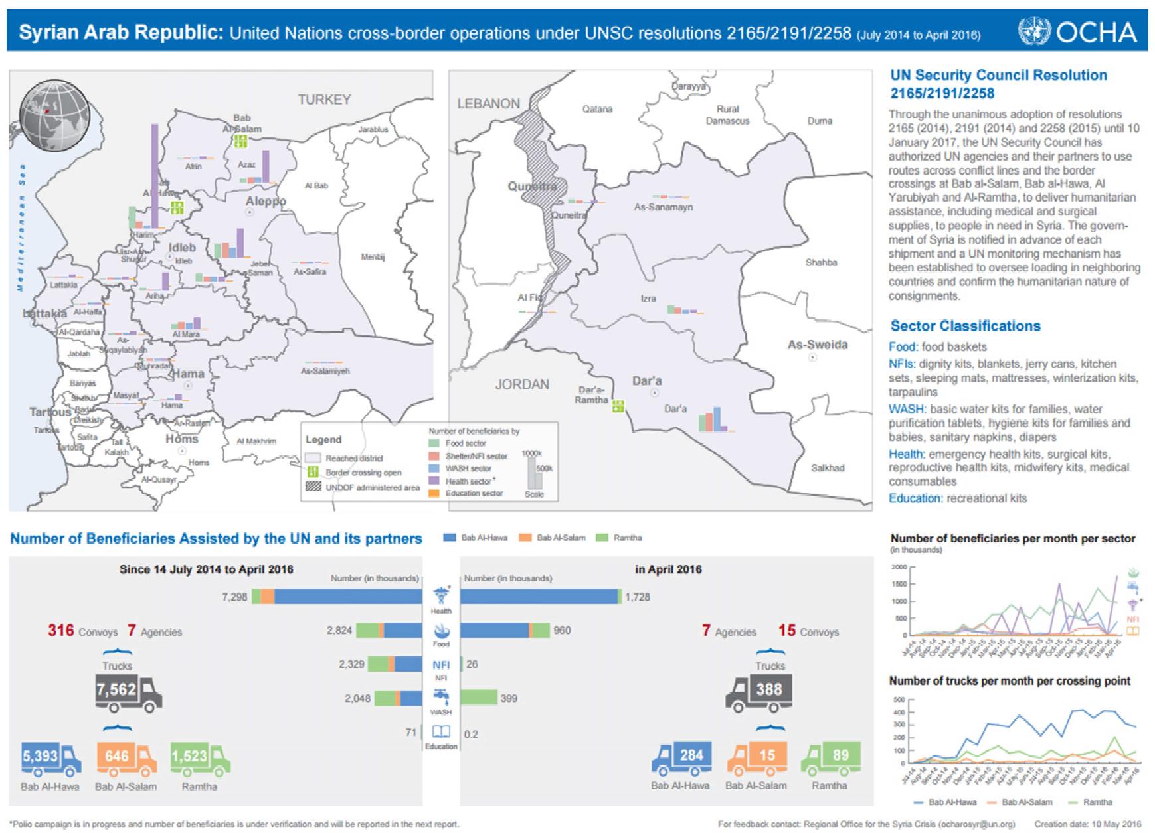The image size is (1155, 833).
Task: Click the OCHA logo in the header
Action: tap(1077, 31)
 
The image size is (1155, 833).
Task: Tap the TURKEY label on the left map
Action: tap(323, 100)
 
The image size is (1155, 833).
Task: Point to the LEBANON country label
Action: tap(488, 103)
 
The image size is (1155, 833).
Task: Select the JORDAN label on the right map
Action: tap(522, 384)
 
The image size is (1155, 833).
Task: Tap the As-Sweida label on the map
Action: tap(817, 344)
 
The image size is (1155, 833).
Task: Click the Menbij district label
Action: tap(373, 256)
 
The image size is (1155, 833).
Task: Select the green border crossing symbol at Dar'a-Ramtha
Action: tap(618, 406)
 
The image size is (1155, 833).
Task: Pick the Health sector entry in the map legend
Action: tap(468, 481)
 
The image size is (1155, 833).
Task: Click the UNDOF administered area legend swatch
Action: tap(313, 487)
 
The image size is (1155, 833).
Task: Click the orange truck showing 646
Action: tap(126, 757)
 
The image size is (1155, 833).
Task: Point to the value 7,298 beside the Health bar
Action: tap(234, 597)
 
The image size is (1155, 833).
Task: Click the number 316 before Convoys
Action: tap(60, 630)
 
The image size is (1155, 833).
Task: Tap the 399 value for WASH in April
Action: tap(509, 698)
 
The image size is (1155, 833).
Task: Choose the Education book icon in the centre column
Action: tap(441, 732)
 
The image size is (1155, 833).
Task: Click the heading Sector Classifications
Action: tap(965, 326)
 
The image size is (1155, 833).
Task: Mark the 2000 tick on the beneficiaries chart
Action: tap(899, 568)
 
